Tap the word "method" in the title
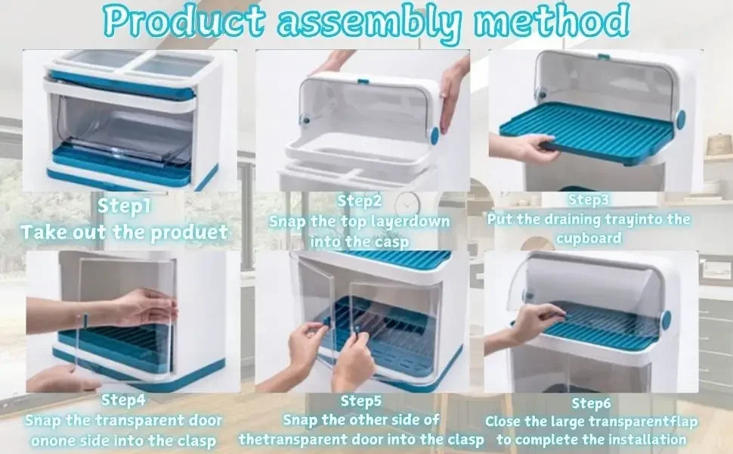552,20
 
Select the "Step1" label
124,206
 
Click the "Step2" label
360,201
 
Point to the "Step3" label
589,200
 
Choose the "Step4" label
123,400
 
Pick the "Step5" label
361,401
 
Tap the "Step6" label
591,403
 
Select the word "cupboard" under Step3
589,238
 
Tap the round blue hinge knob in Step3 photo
680,119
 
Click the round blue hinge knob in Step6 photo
667,319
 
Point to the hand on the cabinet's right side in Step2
453,94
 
